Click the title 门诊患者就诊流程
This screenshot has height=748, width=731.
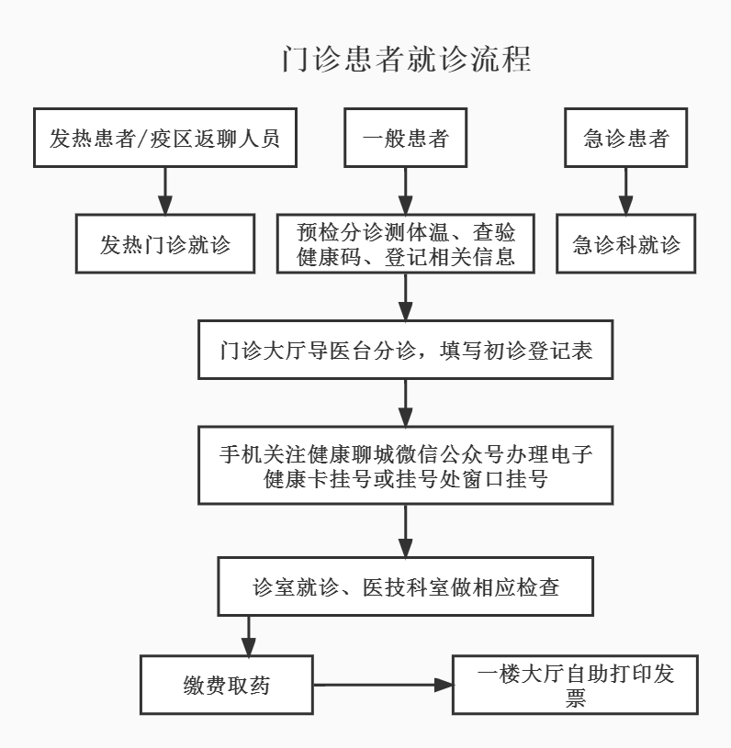(406, 60)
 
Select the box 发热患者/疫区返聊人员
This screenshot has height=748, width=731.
(165, 138)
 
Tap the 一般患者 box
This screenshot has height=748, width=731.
(405, 138)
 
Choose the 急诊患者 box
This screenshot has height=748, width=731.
(626, 138)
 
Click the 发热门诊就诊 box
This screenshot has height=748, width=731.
(165, 244)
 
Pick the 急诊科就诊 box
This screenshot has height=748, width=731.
(626, 244)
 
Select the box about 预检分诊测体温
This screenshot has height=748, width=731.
(405, 243)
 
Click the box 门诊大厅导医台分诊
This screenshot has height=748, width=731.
(405, 349)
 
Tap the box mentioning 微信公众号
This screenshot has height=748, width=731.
(405, 465)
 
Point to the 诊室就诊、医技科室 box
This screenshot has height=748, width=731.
(405, 586)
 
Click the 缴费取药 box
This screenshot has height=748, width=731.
(227, 685)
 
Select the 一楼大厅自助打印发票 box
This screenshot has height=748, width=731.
(575, 685)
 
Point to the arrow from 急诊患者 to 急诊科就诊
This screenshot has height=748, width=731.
(626, 191)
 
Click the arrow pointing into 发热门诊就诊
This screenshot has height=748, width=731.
(165, 191)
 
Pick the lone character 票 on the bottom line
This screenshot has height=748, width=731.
(575, 698)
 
